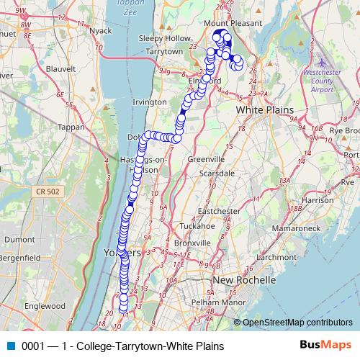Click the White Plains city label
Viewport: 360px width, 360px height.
coord(266,108)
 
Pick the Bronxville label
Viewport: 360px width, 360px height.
coord(191,243)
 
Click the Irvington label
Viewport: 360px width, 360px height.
coord(150,102)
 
